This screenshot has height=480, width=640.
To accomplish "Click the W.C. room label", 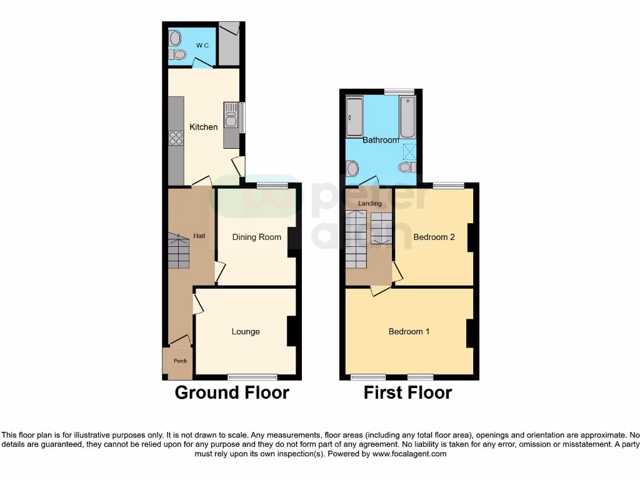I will [202, 46].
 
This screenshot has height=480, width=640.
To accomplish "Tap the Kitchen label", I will [204, 127].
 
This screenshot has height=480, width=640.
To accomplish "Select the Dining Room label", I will [257, 237].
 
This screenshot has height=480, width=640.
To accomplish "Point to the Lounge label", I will [246, 332].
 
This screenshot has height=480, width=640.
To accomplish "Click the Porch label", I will [180, 361].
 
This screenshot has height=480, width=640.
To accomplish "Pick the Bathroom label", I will [381, 141].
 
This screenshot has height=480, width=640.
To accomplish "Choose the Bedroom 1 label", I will [409, 332].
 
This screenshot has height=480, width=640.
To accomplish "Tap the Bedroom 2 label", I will [434, 237].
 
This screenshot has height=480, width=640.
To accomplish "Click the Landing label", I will [369, 204].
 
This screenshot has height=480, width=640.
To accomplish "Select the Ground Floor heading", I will [232, 393].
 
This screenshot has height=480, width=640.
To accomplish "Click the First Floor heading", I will [407, 393].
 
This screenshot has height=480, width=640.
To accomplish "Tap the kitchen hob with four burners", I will [176, 138].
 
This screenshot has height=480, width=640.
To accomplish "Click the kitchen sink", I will [231, 116].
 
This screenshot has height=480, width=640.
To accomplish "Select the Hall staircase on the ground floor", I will [178, 251].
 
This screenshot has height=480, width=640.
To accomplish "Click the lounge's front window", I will [252, 377].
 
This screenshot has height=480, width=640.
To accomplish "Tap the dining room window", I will [272, 185].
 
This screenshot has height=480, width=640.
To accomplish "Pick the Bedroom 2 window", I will [449, 185].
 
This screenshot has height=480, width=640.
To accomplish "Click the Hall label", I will [199, 236].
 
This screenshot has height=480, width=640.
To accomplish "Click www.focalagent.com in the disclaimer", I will [410, 454].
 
